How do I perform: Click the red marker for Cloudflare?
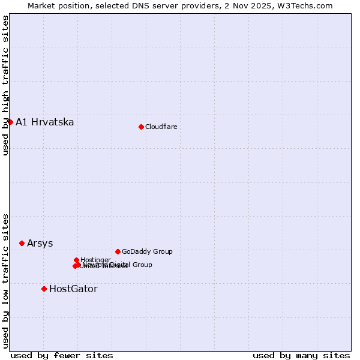(x=141, y=127)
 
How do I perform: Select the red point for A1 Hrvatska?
(x=10, y=122)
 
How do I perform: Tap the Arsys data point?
(x=22, y=243)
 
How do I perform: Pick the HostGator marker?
(x=44, y=289)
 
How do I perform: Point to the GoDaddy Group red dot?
(x=118, y=251)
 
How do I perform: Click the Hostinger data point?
(x=76, y=260)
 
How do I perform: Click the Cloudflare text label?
(x=161, y=127)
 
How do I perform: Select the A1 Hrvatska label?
(x=45, y=122)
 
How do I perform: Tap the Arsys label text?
(x=40, y=243)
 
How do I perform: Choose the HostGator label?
(x=73, y=289)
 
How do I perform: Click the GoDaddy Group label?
(x=147, y=251)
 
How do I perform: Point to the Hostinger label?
(x=95, y=260)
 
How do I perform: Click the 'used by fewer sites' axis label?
(x=62, y=355)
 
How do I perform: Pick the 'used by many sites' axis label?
(x=301, y=355)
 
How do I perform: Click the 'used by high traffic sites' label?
(x=6, y=85)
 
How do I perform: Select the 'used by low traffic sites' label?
(x=6, y=280)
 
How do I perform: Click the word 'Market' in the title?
(x=41, y=5)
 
